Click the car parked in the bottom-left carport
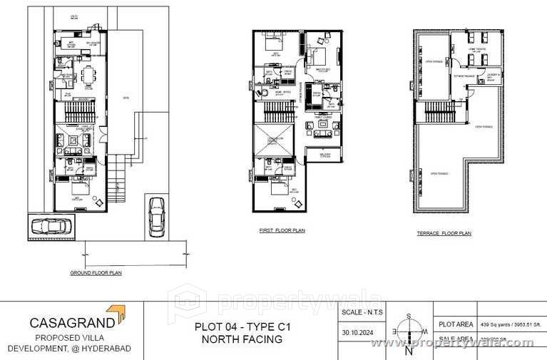tap(51, 227)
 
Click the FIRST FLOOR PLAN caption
tap(281, 231)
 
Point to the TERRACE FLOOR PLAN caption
tap(444, 233)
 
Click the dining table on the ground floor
tap(88, 74)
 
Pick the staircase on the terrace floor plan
tap(439, 111)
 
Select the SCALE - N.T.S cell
tap(361, 312)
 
